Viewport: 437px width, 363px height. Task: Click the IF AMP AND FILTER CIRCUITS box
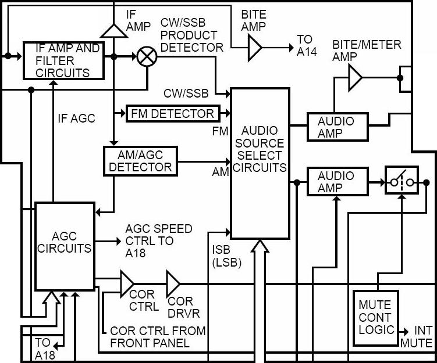[63, 60]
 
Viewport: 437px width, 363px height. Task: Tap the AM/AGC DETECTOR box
[140, 160]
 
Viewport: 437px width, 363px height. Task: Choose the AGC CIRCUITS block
[65, 246]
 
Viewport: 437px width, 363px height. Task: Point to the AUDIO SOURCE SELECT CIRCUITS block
[260, 163]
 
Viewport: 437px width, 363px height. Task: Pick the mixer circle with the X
[144, 57]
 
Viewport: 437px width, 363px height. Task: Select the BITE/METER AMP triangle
[354, 77]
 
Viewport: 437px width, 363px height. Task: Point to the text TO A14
[306, 45]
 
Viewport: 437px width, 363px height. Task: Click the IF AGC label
[76, 118]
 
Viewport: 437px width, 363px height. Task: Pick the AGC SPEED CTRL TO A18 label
[158, 240]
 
